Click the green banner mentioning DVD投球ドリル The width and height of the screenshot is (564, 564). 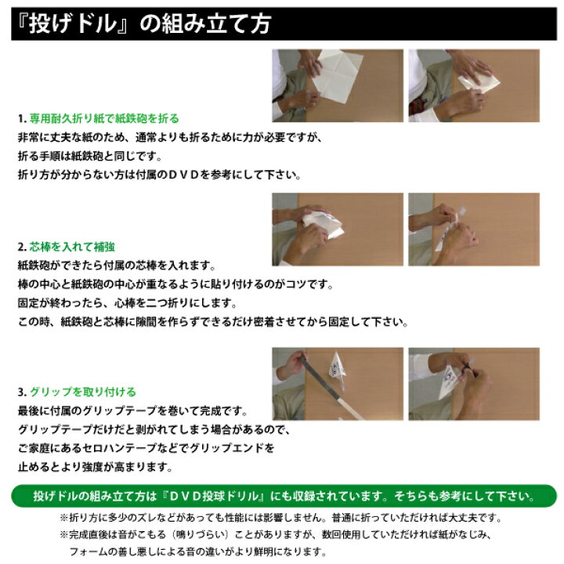pyautogui.click(x=282, y=497)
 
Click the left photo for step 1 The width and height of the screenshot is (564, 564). pyautogui.click(x=338, y=85)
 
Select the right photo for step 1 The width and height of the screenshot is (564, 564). pyautogui.click(x=473, y=85)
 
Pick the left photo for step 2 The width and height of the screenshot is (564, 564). pyautogui.click(x=338, y=230)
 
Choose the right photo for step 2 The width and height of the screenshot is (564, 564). pyautogui.click(x=473, y=230)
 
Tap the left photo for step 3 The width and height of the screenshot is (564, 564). pyautogui.click(x=338, y=384)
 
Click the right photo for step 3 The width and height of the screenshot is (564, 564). pyautogui.click(x=473, y=384)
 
